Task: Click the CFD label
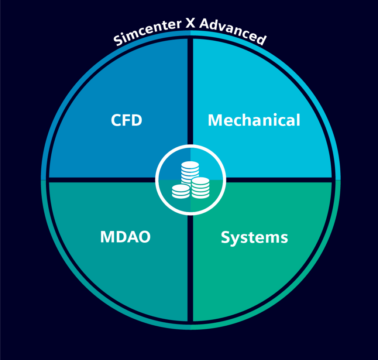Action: coord(127,121)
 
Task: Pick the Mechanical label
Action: coord(254,120)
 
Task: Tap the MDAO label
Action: coord(125,237)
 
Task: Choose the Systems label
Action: coord(254,237)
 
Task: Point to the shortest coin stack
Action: coord(181,191)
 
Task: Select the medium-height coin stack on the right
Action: coord(200,188)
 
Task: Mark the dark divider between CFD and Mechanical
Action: coord(190,92)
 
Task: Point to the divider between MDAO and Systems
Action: coord(190,270)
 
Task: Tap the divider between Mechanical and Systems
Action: coord(281,180)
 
